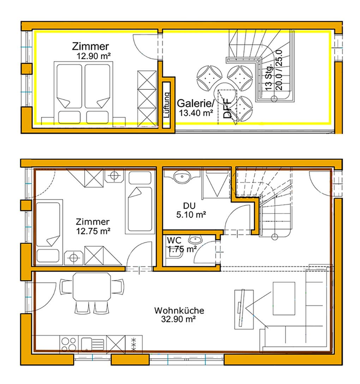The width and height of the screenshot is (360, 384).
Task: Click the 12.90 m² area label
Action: click(94, 56)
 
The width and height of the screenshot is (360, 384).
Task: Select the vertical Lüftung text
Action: click(167, 105)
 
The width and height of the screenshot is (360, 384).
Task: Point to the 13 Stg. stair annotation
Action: click(269, 78)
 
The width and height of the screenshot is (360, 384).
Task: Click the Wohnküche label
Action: click(179, 311)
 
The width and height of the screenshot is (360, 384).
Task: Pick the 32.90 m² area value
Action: click(178, 319)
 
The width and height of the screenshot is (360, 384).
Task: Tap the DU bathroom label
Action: click(189, 205)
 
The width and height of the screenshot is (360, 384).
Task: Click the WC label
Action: click(174, 240)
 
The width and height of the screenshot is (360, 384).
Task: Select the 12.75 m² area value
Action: click(93, 231)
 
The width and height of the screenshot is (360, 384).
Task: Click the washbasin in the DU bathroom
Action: click(182, 176)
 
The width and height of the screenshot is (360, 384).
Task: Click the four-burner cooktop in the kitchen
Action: click(69, 344)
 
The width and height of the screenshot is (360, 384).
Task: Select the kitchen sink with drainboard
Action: click(92, 344)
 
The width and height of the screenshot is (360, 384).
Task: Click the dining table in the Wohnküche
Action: click(92, 287)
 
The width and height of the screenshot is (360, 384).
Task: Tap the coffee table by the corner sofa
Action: click(284, 298)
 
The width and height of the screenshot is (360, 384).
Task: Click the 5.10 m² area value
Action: click(191, 215)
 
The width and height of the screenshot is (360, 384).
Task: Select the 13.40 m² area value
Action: click(196, 113)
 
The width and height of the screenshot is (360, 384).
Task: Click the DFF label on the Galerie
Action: click(228, 108)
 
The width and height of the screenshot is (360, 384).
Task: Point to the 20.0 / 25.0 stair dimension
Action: click(279, 70)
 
